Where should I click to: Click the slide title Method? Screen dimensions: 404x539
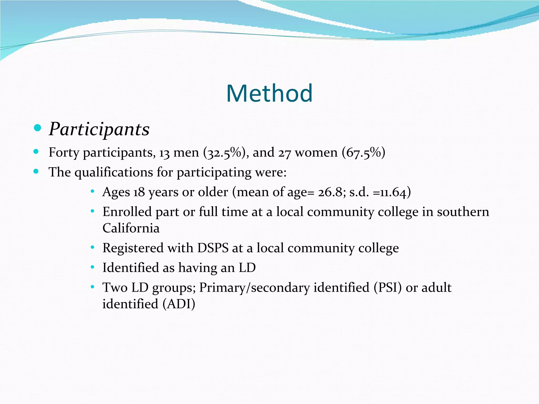(x=269, y=93)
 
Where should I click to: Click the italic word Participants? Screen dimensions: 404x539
(x=99, y=129)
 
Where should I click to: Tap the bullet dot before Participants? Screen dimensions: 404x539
(x=38, y=128)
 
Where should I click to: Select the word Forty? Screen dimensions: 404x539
(x=64, y=153)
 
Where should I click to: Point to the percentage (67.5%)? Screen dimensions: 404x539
(x=363, y=153)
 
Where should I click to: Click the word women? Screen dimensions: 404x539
(x=316, y=153)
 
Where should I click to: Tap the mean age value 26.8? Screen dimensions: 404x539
(x=331, y=192)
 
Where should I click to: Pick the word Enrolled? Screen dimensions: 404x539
(x=127, y=212)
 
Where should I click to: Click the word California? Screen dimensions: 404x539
(x=131, y=228)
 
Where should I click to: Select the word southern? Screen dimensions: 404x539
(x=463, y=212)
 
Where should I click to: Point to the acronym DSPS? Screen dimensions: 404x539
(x=213, y=248)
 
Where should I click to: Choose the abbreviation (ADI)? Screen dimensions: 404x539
(x=179, y=304)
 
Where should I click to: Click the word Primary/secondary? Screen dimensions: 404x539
(x=254, y=287)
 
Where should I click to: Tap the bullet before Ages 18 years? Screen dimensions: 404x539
(x=92, y=192)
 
